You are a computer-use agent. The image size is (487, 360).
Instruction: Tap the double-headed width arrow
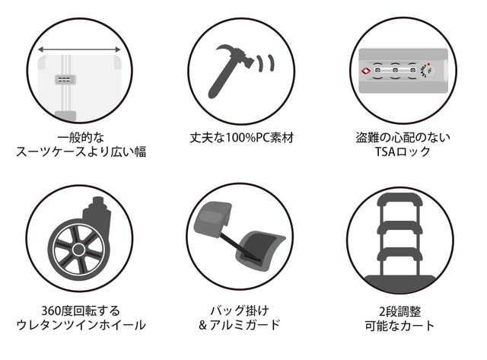79,49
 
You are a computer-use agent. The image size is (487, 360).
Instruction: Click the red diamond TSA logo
366,71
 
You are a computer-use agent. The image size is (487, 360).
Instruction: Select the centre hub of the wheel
78,250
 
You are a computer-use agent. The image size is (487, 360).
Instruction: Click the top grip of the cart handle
399,199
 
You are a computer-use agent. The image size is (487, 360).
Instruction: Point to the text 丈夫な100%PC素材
242,138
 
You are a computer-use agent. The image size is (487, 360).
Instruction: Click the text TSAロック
403,152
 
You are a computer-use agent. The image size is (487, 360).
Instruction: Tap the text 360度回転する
81,311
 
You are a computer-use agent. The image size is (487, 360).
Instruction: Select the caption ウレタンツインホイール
81,325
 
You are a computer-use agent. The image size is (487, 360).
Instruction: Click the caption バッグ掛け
240,311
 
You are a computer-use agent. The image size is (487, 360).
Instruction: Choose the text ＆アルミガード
239,325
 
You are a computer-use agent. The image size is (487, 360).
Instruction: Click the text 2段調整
400,311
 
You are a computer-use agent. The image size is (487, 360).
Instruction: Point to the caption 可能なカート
400,326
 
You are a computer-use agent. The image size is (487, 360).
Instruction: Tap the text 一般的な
81,138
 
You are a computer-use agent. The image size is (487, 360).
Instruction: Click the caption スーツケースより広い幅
81,152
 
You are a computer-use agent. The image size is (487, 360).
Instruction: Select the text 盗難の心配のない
403,138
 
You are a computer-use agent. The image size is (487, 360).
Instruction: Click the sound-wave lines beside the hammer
266,63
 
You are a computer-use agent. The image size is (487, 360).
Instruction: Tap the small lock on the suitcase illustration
65,80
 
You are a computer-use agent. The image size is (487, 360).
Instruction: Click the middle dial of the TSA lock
396,71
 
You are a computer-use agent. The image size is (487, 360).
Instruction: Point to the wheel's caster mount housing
97,218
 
